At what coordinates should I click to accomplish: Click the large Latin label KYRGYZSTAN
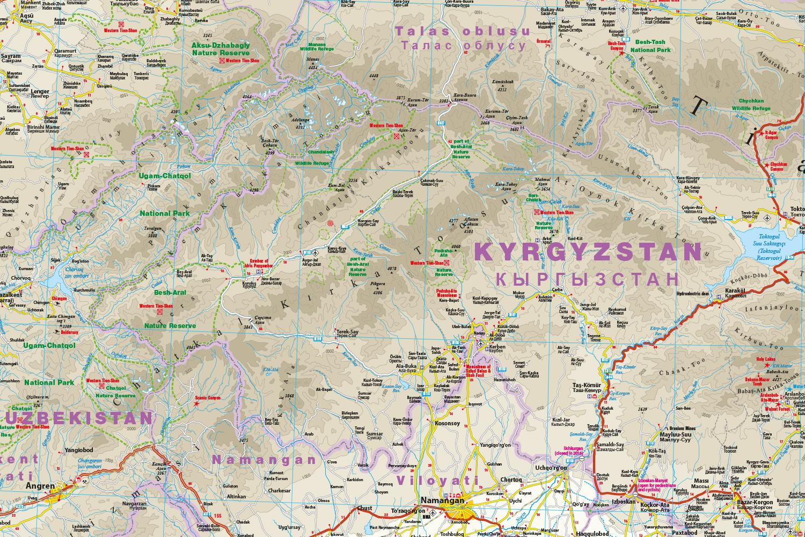589,251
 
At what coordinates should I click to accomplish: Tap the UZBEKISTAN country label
75,418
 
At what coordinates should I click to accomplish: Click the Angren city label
41,486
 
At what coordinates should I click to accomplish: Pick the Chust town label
364,507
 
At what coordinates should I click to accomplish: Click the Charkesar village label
280,490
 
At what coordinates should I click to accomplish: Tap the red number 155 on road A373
217,517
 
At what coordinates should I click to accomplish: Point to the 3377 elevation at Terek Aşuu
638,111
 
